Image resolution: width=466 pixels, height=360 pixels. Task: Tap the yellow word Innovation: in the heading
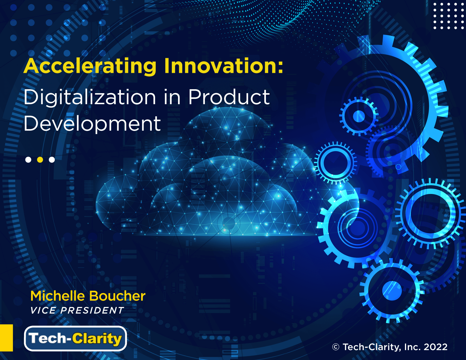click(x=224, y=66)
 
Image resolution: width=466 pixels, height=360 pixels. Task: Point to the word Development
click(x=92, y=124)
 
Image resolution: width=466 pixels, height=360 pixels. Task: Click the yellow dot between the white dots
click(x=40, y=160)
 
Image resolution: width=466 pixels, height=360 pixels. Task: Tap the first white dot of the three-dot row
click(x=28, y=160)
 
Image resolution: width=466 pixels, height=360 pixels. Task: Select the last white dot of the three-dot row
click(x=52, y=160)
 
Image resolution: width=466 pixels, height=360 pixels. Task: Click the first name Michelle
click(x=58, y=296)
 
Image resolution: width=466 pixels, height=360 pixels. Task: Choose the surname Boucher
click(x=117, y=296)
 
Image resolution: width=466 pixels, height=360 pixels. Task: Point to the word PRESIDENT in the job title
click(x=92, y=310)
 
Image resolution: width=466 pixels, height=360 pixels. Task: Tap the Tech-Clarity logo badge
click(x=75, y=339)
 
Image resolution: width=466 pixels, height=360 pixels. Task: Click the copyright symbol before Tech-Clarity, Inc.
click(x=336, y=347)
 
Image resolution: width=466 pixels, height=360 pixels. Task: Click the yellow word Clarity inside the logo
click(x=97, y=339)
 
